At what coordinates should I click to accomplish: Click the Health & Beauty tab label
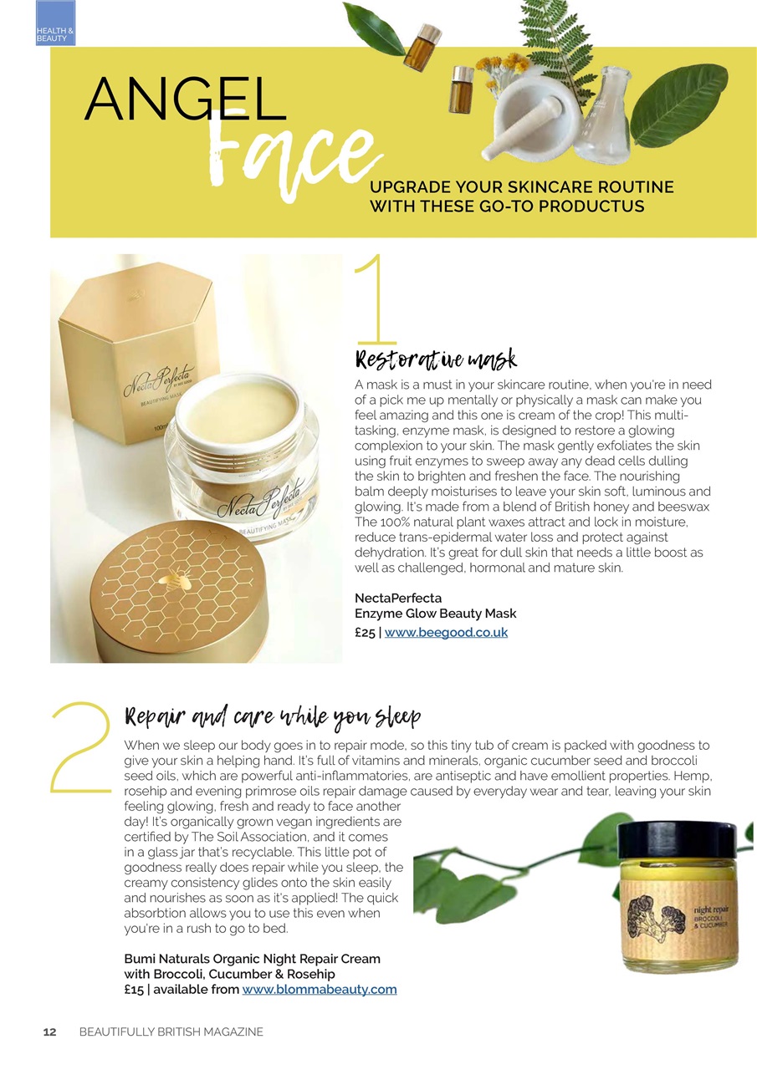point(55,34)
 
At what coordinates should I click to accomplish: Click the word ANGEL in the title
point(186,99)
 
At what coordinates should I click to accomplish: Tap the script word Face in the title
point(296,153)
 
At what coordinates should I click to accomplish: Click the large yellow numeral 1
point(376,299)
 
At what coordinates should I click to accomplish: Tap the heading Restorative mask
point(436,360)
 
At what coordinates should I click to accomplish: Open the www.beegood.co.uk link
point(446,633)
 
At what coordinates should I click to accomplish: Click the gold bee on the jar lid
point(175,579)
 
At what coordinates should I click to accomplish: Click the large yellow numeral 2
point(81,748)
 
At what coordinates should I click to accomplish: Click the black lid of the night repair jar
point(678,840)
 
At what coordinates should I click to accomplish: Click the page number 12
point(49,1032)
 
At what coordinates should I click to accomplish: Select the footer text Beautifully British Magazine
point(171,1032)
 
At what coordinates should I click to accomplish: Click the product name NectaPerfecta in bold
point(398,598)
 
